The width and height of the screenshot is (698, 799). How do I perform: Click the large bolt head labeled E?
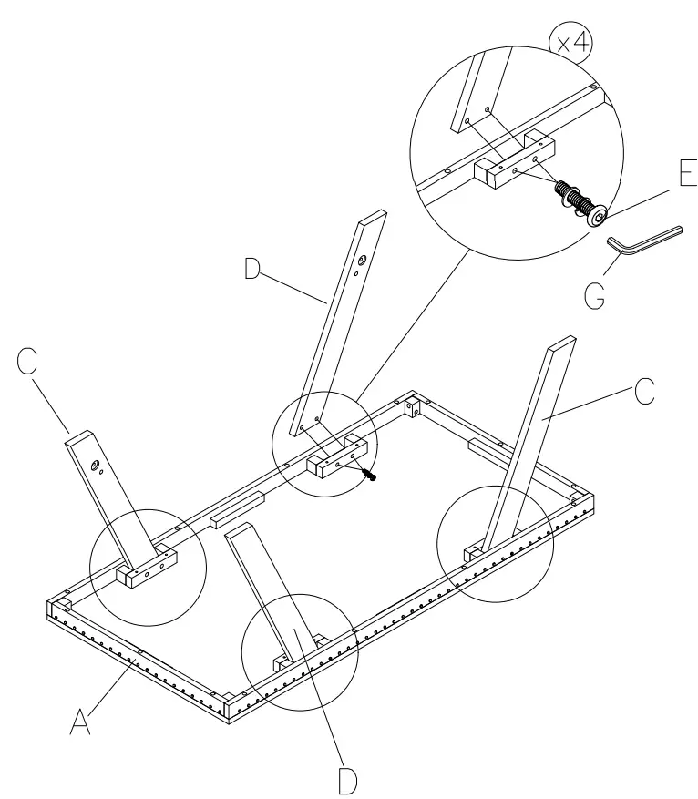598,216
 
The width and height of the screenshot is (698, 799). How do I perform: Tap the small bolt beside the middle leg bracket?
369,474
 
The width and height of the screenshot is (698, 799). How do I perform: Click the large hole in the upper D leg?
362,262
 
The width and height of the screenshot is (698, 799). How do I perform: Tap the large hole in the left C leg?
94,466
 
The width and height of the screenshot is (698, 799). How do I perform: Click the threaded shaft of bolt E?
567,193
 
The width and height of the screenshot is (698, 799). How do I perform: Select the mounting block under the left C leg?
145,572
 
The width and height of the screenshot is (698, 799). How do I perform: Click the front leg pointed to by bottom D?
273,592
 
